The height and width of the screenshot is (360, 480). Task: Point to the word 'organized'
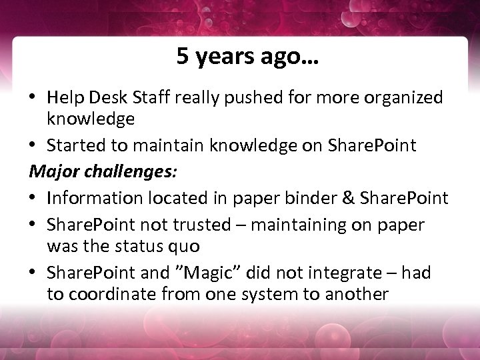402,98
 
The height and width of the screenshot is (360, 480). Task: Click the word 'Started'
76,145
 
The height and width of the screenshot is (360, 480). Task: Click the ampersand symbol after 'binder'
351,198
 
